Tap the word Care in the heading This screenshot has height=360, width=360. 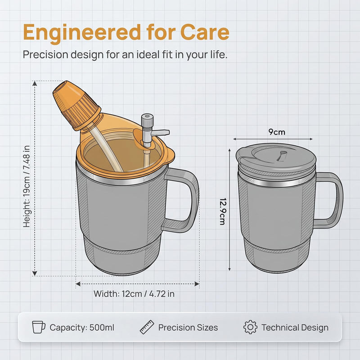(205, 32)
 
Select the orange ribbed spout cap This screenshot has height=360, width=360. (76, 105)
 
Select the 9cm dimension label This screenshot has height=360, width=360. (277, 132)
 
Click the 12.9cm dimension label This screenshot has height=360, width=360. (223, 211)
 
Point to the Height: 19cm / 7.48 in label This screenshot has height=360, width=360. (27, 186)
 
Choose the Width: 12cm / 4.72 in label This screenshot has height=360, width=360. (134, 294)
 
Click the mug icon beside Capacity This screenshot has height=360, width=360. (39, 327)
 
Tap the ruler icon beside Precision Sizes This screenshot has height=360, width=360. (147, 327)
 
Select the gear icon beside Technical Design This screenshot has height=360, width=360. (250, 327)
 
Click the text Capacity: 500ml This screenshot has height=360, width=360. (82, 328)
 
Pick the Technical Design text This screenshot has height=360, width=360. (295, 328)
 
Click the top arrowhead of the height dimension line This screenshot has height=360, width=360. (35, 83)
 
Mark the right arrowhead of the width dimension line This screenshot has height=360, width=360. (197, 284)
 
